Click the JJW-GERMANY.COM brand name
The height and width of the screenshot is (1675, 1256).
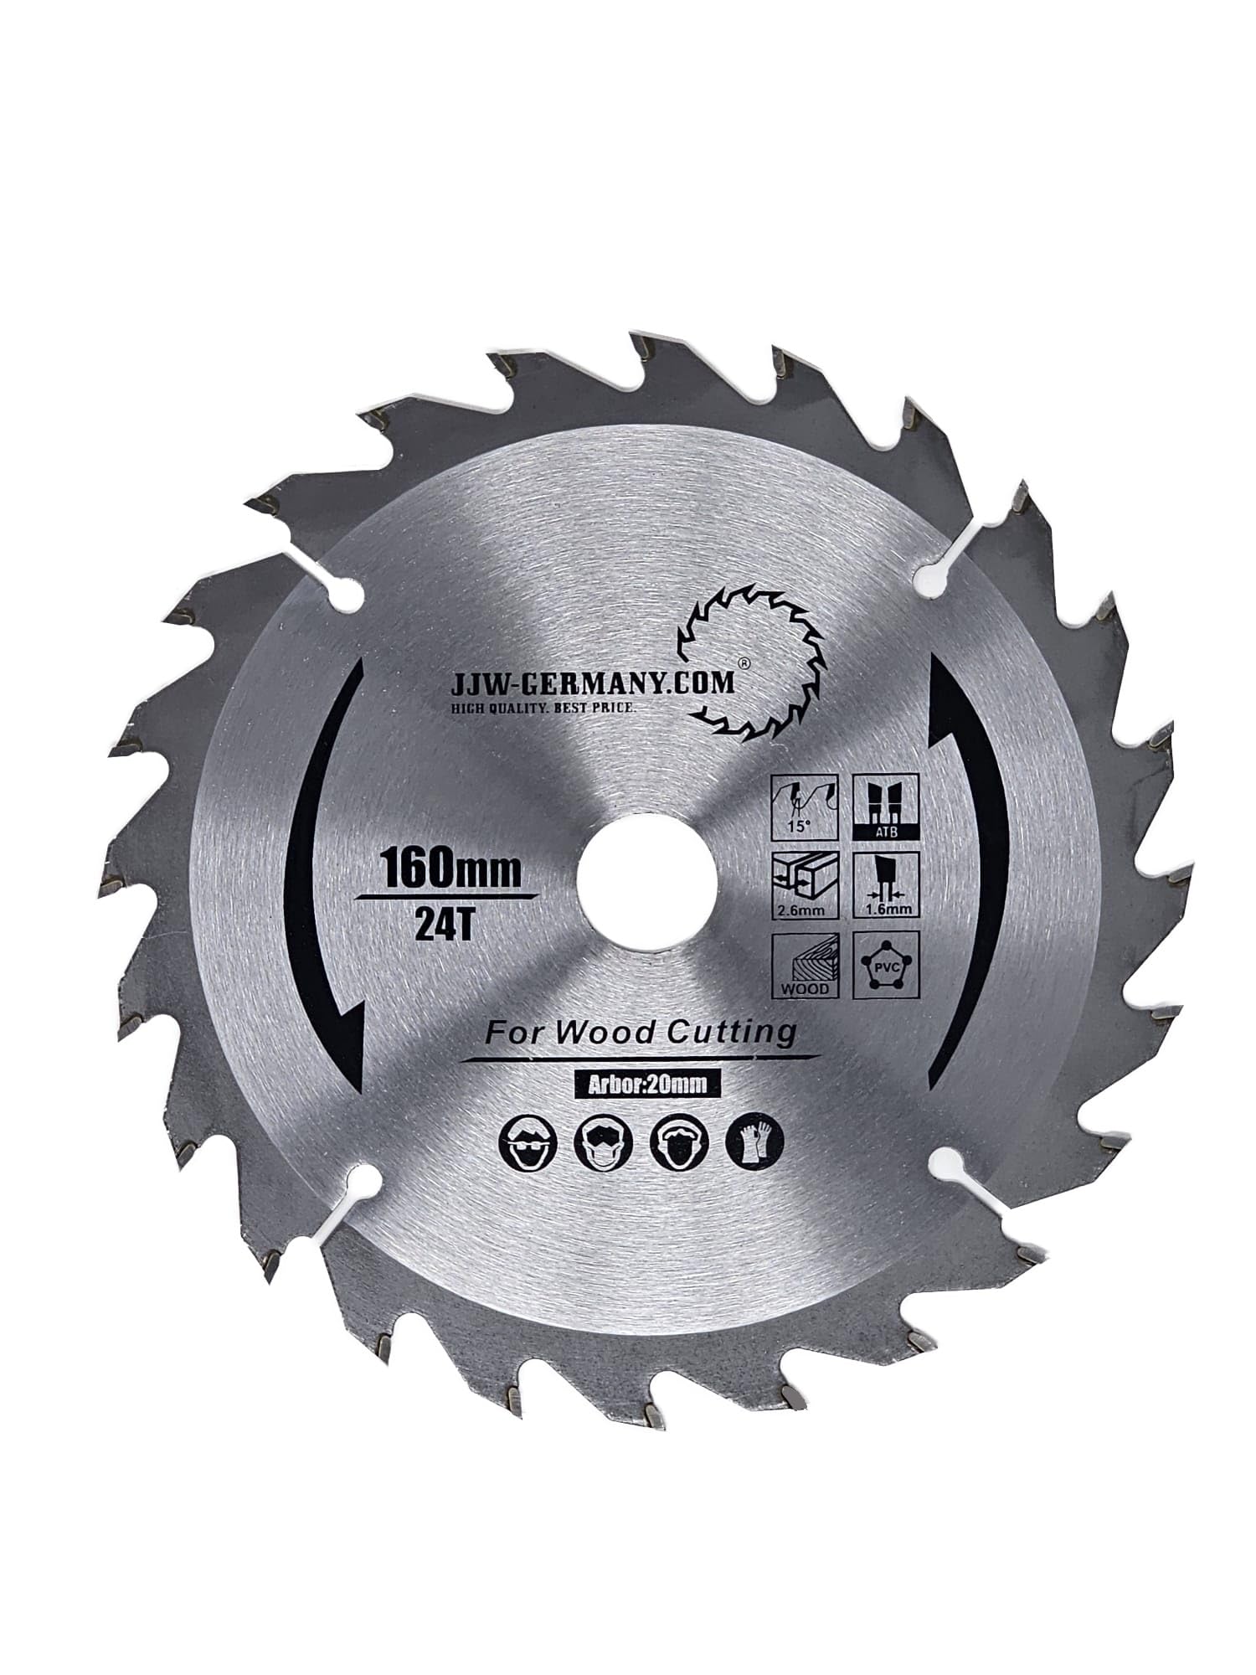coord(592,683)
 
